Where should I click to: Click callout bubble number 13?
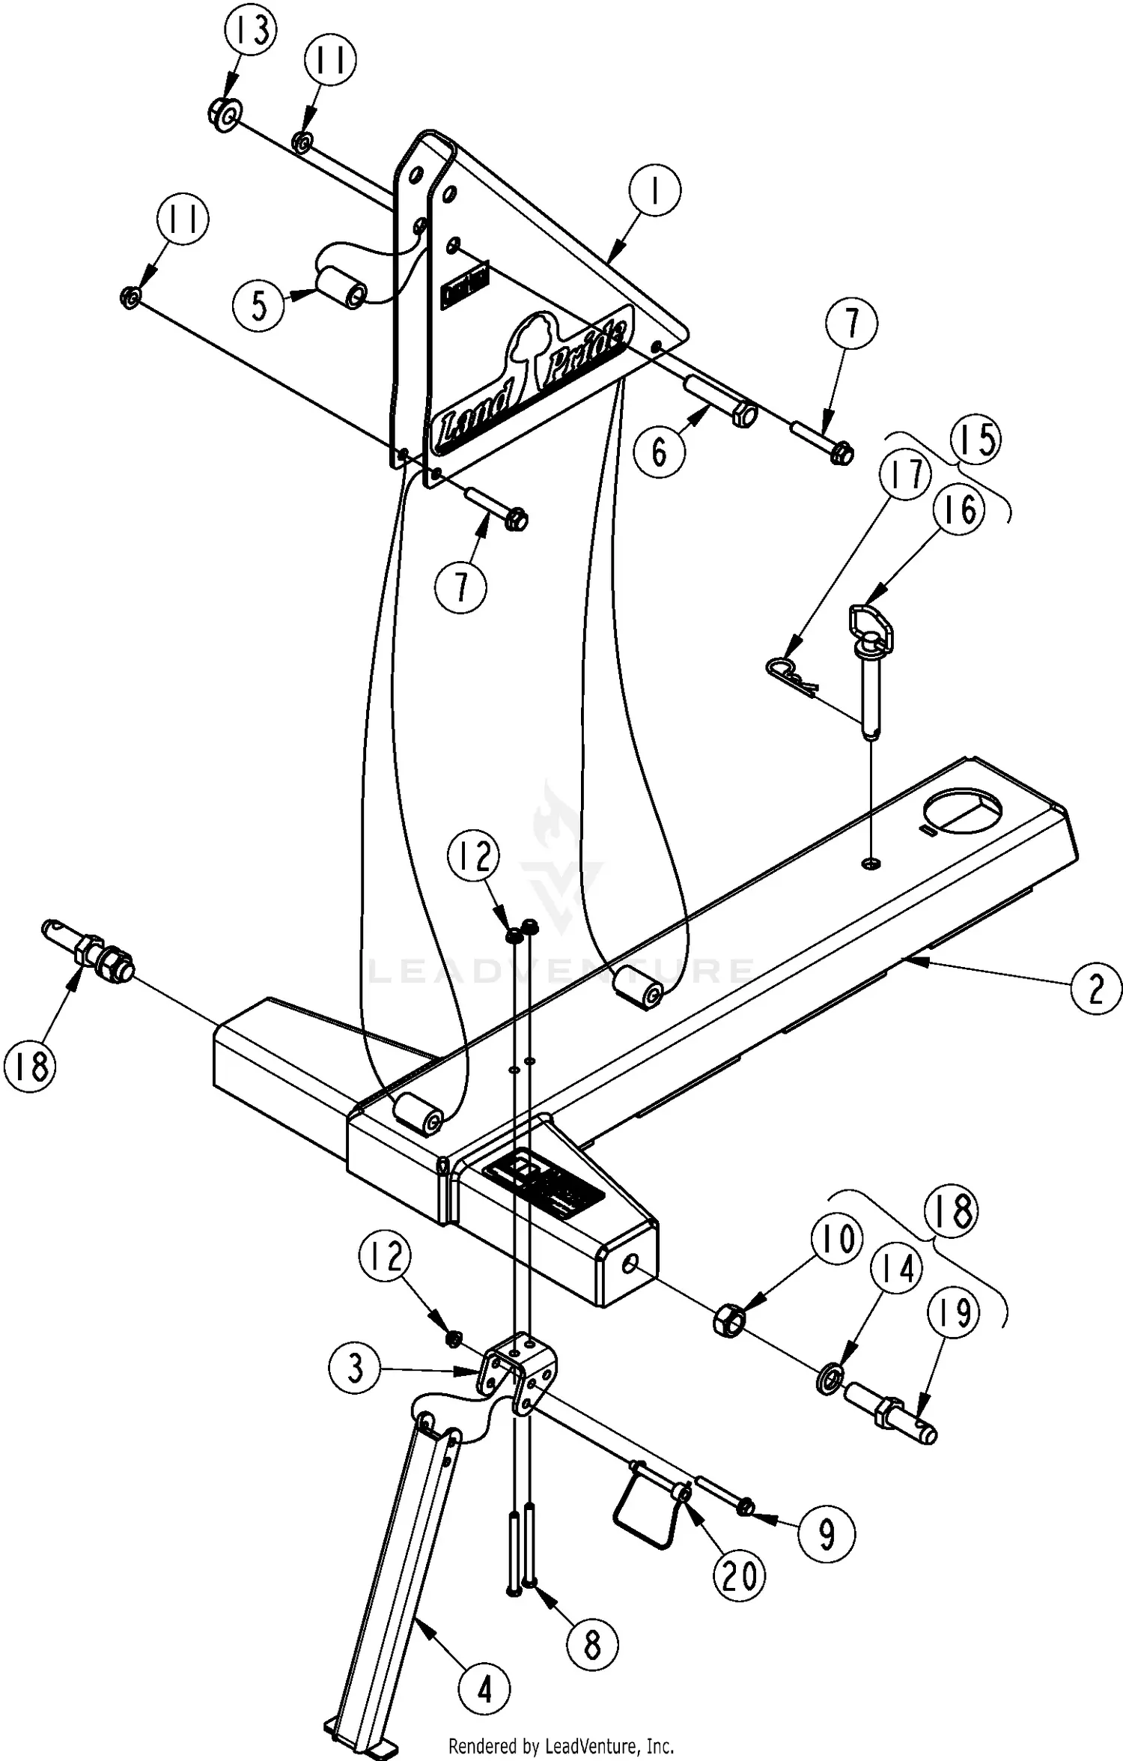pyautogui.click(x=251, y=31)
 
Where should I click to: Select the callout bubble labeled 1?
pyautogui.click(x=655, y=192)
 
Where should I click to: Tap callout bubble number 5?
pyautogui.click(x=259, y=306)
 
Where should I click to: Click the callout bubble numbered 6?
pyautogui.click(x=659, y=452)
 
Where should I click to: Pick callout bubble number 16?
pyautogui.click(x=959, y=509)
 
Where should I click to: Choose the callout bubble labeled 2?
pyautogui.click(x=1096, y=989)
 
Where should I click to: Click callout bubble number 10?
pyautogui.click(x=837, y=1239)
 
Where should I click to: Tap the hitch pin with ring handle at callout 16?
pyautogui.click(x=868, y=667)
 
